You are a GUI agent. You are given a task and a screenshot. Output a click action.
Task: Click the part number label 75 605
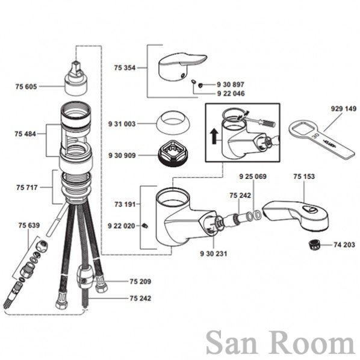(26, 87)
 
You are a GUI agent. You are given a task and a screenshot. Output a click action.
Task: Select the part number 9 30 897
(231, 85)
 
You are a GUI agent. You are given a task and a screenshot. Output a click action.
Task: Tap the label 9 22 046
(231, 94)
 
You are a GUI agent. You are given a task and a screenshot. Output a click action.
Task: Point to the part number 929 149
(344, 108)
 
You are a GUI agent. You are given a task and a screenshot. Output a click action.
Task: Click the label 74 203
(344, 245)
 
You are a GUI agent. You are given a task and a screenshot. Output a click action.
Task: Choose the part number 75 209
(140, 282)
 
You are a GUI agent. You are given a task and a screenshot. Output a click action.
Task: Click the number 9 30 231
(214, 253)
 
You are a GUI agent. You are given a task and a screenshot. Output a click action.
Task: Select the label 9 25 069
(253, 176)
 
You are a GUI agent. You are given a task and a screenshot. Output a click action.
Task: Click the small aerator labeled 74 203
(314, 245)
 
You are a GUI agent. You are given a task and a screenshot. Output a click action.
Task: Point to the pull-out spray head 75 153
(296, 215)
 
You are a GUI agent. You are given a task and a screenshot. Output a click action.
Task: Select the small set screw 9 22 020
(145, 226)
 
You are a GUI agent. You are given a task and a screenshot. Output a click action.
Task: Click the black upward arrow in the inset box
(214, 136)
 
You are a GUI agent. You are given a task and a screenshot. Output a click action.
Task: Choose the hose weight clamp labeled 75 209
(85, 277)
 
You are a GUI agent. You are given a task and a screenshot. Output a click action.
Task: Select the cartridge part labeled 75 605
(75, 78)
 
